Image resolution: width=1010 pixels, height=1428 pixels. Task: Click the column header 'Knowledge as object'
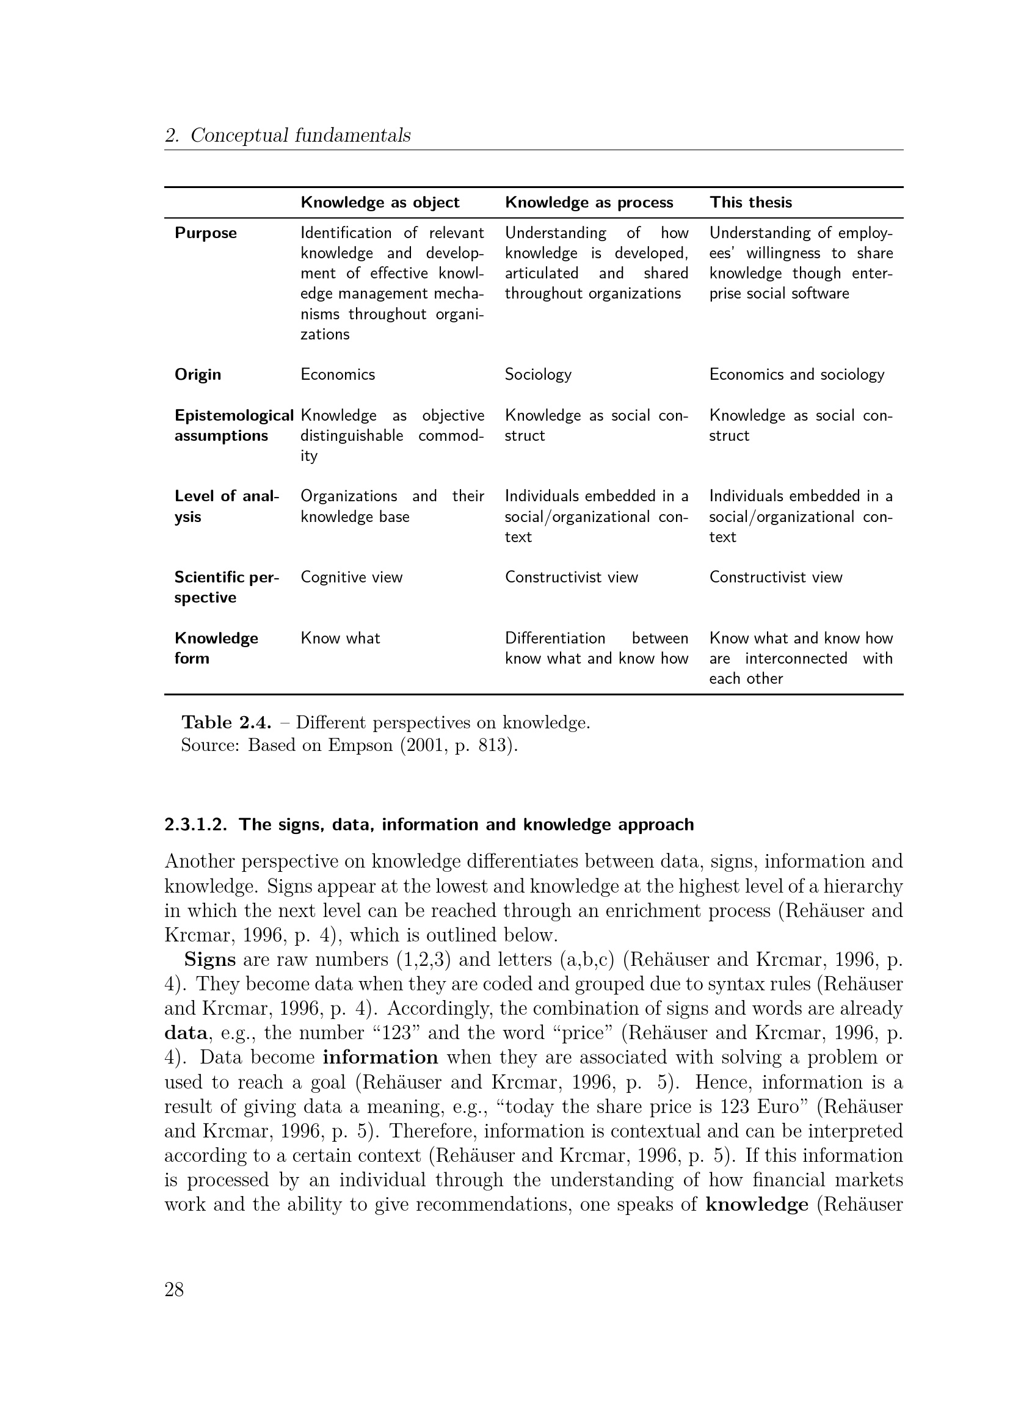click(x=379, y=203)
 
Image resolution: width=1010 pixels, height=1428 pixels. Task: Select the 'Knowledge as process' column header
click(x=588, y=203)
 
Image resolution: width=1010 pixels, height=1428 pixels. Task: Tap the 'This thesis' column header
click(x=750, y=203)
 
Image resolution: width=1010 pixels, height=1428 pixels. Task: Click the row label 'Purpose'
click(x=205, y=233)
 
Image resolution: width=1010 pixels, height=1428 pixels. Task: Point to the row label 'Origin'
click(x=197, y=374)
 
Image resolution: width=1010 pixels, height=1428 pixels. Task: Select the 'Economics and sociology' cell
click(x=796, y=374)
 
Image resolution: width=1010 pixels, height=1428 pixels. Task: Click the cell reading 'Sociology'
click(x=537, y=374)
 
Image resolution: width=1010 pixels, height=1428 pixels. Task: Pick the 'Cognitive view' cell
click(x=351, y=577)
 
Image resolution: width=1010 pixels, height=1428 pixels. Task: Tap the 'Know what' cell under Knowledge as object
click(x=340, y=638)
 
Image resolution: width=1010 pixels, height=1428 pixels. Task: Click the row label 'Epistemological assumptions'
click(x=233, y=426)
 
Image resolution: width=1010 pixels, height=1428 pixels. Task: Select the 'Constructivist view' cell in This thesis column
click(x=776, y=577)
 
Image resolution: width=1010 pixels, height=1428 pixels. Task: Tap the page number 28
click(x=174, y=1290)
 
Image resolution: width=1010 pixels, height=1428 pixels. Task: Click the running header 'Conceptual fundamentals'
click(x=300, y=135)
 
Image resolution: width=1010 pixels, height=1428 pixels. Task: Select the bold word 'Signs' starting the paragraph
click(x=209, y=960)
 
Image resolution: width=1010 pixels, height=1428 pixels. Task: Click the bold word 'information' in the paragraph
click(x=380, y=1057)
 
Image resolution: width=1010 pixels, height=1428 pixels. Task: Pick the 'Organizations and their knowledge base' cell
click(x=392, y=506)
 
